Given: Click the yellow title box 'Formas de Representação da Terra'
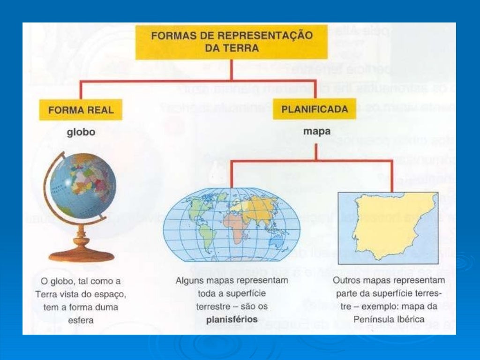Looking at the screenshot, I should click(x=231, y=42).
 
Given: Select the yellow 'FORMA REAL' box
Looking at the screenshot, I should click(x=81, y=110).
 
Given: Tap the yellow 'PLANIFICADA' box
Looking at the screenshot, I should click(x=315, y=110).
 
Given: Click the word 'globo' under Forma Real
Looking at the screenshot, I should click(x=81, y=132).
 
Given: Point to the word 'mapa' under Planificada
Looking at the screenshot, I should click(x=316, y=132).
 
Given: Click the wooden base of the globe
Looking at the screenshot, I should click(x=82, y=254).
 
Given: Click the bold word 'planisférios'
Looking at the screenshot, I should click(x=232, y=320).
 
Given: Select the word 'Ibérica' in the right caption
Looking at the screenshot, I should click(x=410, y=320).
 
